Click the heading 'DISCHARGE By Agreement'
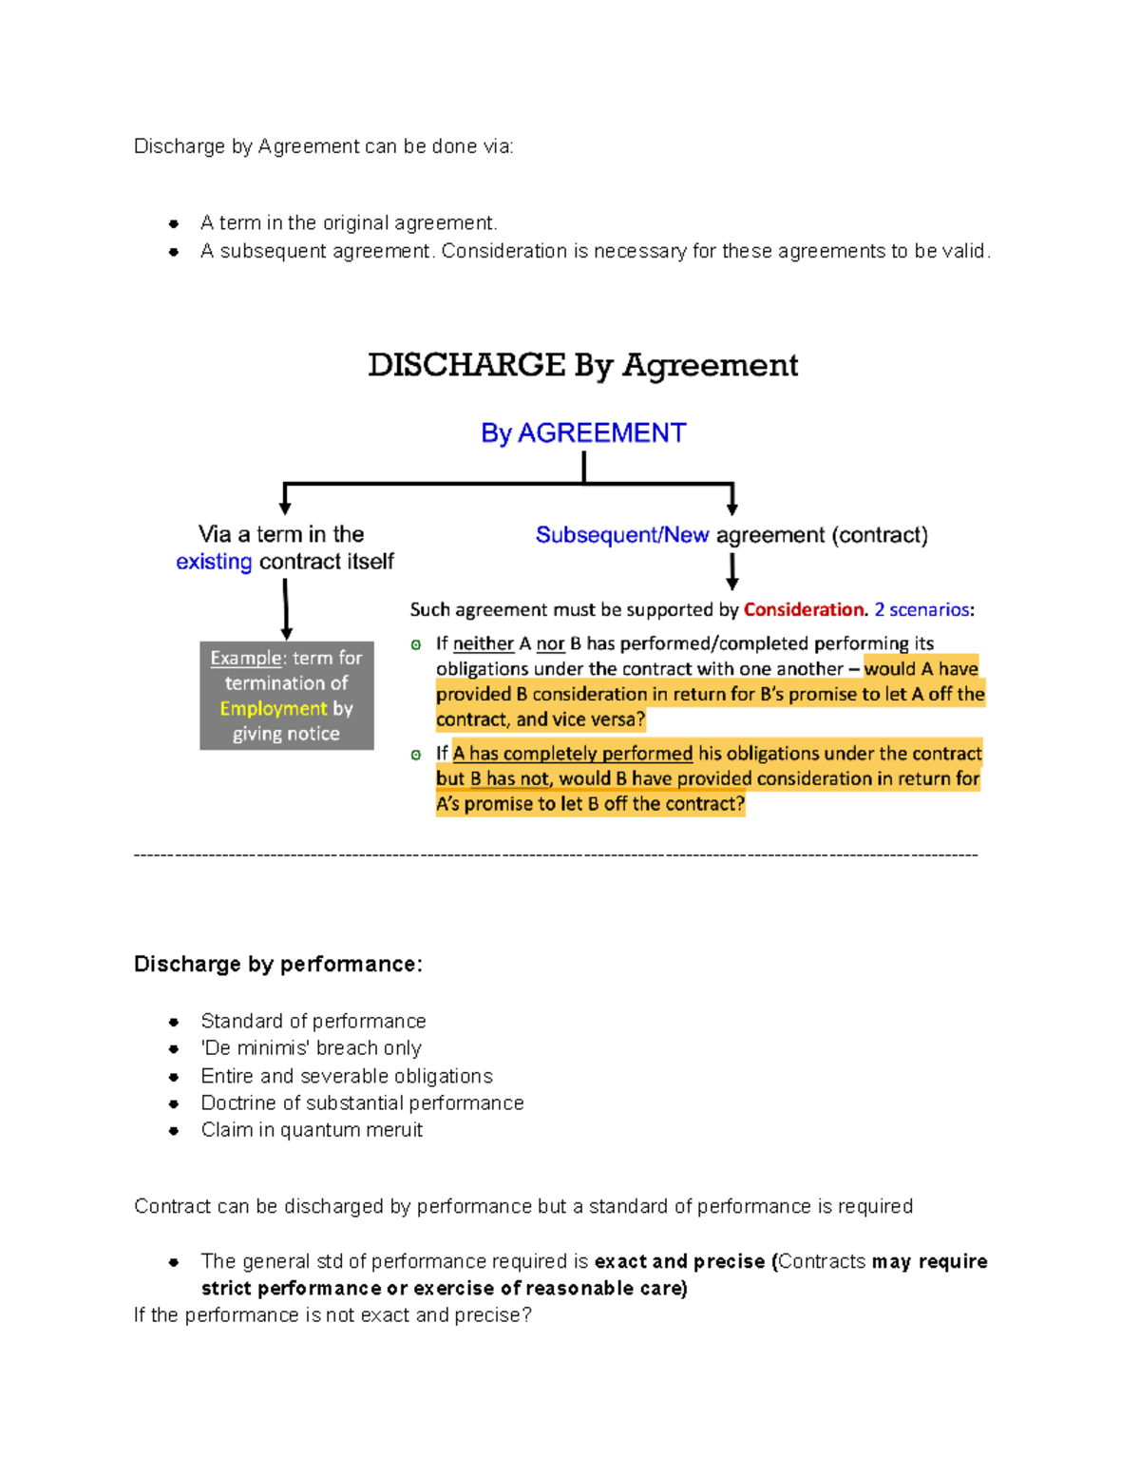(582, 366)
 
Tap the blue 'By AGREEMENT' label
(582, 433)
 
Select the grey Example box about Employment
(286, 696)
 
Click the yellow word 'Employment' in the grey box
(273, 709)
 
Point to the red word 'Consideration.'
(806, 610)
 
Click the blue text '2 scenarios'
(921, 610)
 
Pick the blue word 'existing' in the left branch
(214, 562)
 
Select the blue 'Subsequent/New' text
(622, 535)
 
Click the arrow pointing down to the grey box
(286, 609)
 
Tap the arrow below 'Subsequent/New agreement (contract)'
(732, 571)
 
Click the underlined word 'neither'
(484, 644)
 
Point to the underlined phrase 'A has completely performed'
(573, 754)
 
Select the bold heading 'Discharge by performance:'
(277, 965)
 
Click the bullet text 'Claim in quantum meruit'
(312, 1130)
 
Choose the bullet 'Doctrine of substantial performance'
(362, 1103)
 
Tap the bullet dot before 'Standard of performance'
(174, 1023)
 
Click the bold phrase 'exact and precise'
(679, 1262)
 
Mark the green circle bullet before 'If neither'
(416, 645)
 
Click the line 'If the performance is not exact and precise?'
(332, 1315)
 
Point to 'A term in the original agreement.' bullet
(349, 223)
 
